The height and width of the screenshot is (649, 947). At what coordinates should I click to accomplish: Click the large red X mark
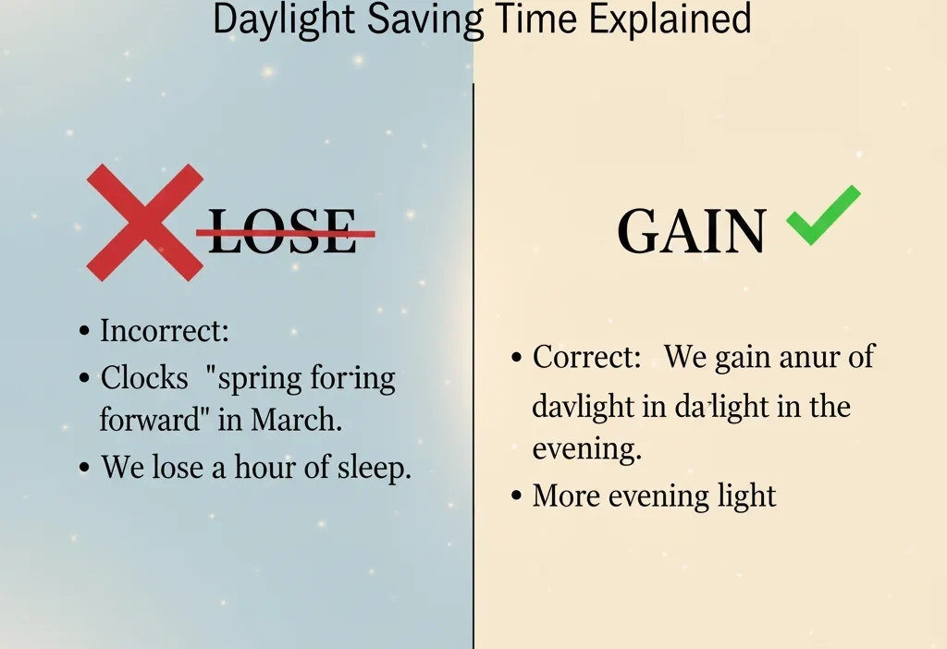[x=145, y=223]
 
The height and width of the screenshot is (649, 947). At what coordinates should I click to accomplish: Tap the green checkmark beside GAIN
[x=822, y=215]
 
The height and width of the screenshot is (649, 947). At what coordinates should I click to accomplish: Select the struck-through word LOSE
[x=282, y=233]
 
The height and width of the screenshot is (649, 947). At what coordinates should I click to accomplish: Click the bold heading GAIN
[x=691, y=232]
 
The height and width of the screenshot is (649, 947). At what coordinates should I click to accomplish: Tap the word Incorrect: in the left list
[x=165, y=331]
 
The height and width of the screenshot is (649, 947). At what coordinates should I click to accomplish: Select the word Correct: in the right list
[x=587, y=358]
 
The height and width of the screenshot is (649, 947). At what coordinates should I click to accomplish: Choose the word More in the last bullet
[x=565, y=496]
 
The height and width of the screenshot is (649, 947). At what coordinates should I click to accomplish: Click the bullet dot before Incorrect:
[x=85, y=332]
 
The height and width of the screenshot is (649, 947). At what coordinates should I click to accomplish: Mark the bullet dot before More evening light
[x=518, y=497]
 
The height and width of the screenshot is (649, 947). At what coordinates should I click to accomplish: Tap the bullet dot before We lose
[x=85, y=468]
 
